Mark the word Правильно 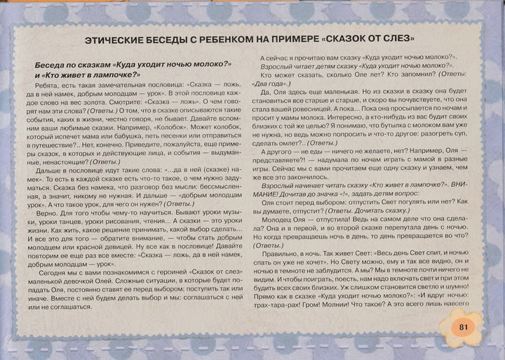[x=283, y=260]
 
